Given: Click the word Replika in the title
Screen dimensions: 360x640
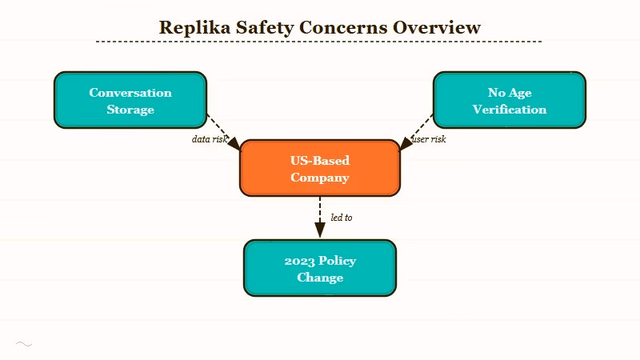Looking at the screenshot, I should (x=190, y=26).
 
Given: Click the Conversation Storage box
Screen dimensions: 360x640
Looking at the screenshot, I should (x=130, y=100).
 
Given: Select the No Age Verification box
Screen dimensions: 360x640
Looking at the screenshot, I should (x=509, y=100).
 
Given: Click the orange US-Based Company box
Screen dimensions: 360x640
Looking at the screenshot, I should (x=319, y=168).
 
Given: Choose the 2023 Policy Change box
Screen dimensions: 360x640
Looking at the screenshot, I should (x=319, y=268).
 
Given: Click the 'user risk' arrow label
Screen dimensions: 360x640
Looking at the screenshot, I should (x=429, y=139).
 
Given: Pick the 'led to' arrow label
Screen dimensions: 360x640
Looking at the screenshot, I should (x=342, y=217).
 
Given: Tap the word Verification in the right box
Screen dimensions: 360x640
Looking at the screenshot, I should (x=509, y=110).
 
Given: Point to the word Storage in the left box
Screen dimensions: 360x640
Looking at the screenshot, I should (x=130, y=110).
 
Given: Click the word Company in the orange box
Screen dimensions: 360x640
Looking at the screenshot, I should (x=319, y=178).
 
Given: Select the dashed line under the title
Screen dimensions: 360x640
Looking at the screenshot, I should (x=318, y=42).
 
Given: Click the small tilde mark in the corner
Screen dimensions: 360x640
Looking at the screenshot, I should (x=24, y=344).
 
